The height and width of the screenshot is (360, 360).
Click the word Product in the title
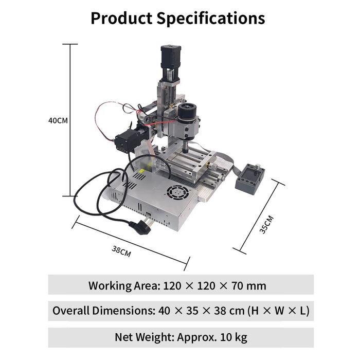point(121,18)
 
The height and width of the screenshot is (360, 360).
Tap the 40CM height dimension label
point(58,120)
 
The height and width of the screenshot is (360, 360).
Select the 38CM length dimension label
point(121,251)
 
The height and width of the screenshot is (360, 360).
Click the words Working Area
point(123,285)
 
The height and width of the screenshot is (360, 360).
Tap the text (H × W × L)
point(278,311)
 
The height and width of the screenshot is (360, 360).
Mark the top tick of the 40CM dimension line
point(70,44)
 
